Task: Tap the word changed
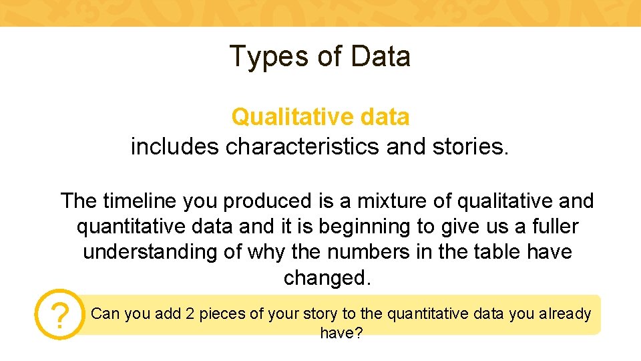327,277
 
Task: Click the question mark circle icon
60,315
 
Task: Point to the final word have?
341,332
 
